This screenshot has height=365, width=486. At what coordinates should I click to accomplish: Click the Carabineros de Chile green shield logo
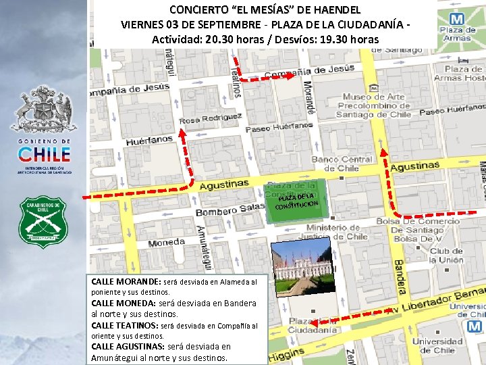[x=43, y=220]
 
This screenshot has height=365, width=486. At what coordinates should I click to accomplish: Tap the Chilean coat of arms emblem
[x=43, y=109]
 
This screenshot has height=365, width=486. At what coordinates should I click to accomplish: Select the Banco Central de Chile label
[x=342, y=163]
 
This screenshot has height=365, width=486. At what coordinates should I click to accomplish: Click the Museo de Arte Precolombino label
[x=374, y=105]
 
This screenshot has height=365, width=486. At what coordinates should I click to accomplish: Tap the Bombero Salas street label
[x=230, y=210]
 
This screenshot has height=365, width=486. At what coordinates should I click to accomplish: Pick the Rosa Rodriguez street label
[x=211, y=118]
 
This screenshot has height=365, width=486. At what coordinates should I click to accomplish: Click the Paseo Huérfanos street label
[x=279, y=126]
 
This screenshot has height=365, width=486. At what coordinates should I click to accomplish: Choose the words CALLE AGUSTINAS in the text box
[x=128, y=347]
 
